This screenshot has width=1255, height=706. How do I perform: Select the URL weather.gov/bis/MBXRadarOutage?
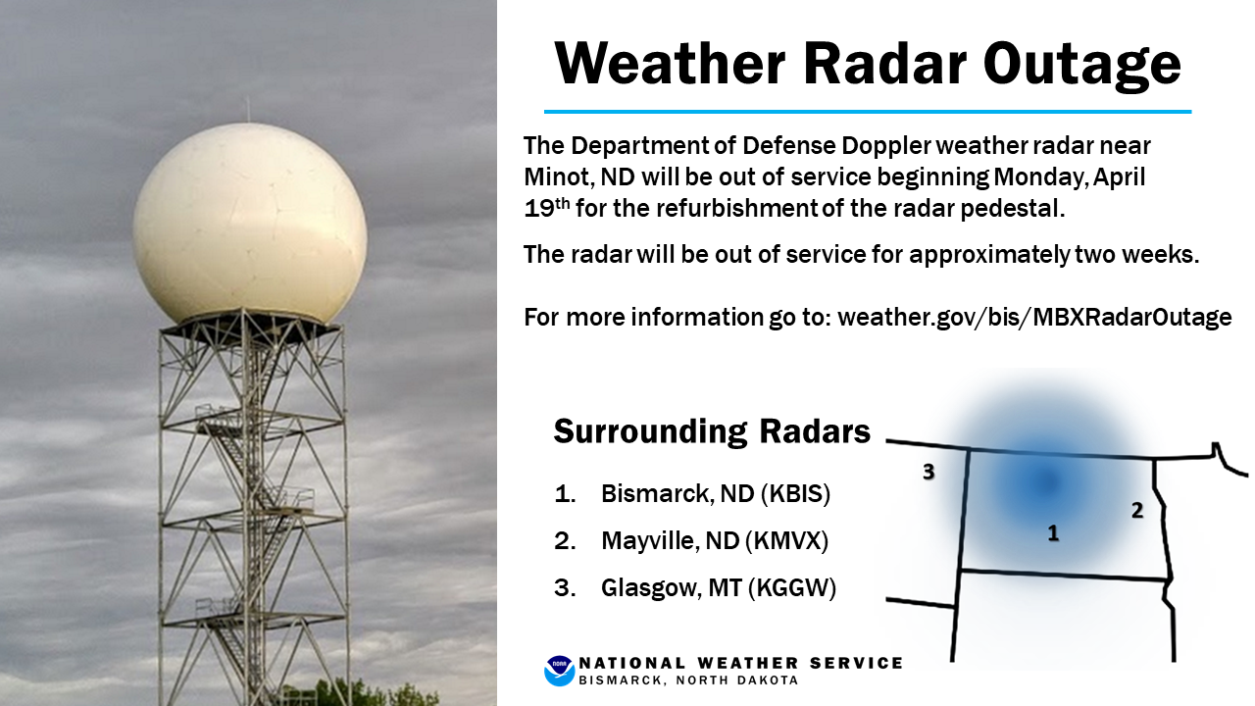click(x=1034, y=317)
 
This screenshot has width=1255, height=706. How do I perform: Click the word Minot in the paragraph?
click(x=557, y=177)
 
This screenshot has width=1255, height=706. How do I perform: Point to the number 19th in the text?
click(x=547, y=207)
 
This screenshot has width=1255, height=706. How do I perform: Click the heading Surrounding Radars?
click(x=712, y=430)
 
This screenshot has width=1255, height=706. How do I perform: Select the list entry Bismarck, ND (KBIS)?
click(x=716, y=493)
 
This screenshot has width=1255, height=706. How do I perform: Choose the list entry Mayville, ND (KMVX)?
click(x=715, y=540)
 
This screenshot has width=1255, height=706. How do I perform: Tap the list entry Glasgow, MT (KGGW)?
click(x=719, y=587)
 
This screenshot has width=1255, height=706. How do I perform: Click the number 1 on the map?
click(x=1053, y=532)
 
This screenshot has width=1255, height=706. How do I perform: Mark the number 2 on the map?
click(x=1136, y=510)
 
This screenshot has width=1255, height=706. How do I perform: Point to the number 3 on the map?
click(x=929, y=472)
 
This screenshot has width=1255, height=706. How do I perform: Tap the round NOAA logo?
click(x=559, y=671)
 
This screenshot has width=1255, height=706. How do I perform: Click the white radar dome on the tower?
click(x=250, y=225)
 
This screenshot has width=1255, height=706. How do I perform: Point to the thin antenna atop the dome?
click(x=248, y=110)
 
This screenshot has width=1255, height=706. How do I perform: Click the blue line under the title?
click(x=868, y=112)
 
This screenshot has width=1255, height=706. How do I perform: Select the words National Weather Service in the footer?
click(x=740, y=664)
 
